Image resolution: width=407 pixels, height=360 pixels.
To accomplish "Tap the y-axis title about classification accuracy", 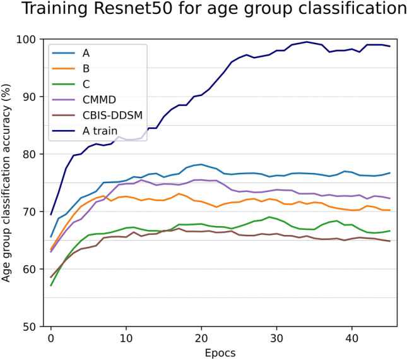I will click(8, 183).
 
